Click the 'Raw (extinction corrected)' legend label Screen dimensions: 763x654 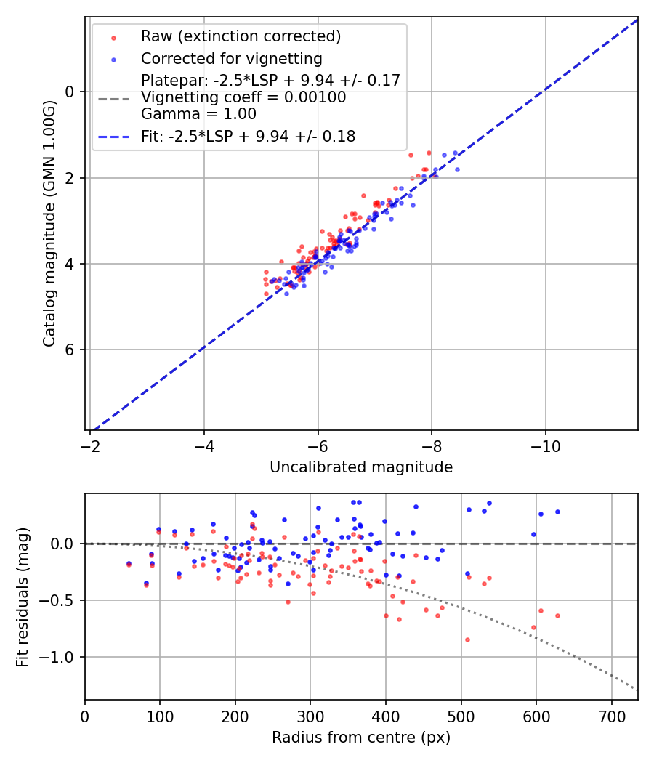pyautogui.click(x=241, y=36)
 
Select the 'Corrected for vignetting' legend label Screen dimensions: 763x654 pyautogui.click(x=231, y=58)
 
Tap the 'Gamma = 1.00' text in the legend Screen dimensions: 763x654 pyautogui.click(x=198, y=114)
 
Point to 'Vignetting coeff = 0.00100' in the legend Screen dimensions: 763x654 pyautogui.click(x=243, y=97)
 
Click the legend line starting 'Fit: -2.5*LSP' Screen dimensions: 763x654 pyautogui.click(x=248, y=136)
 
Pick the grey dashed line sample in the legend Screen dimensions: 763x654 pyautogui.click(x=113, y=97)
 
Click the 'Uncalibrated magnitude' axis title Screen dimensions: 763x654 pyautogui.click(x=361, y=467)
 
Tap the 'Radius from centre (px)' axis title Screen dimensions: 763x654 pyautogui.click(x=361, y=738)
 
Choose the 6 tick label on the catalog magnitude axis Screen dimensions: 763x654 pyautogui.click(x=70, y=350)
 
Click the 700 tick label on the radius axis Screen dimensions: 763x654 pyautogui.click(x=611, y=716)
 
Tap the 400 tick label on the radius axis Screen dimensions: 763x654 pyautogui.click(x=386, y=716)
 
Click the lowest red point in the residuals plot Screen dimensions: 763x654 pyautogui.click(x=467, y=639)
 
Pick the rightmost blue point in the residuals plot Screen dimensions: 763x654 pyautogui.click(x=557, y=512)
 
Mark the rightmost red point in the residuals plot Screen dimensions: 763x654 pyautogui.click(x=557, y=615)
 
